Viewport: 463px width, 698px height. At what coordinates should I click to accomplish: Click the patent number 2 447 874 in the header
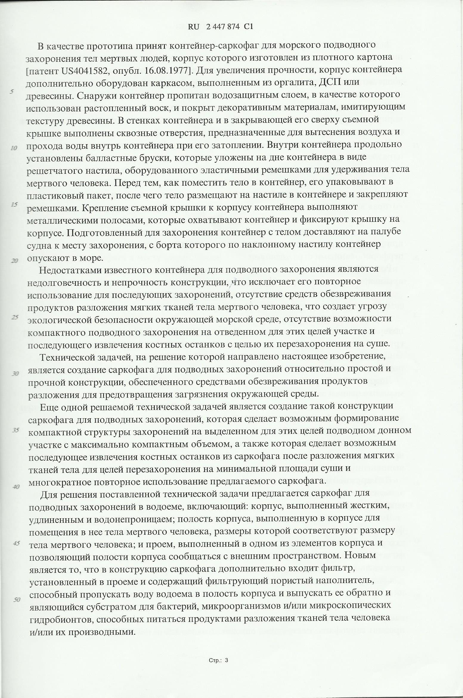click(222, 27)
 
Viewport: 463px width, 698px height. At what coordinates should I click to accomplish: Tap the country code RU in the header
click(193, 27)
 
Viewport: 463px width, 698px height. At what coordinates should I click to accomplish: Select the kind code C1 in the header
click(248, 27)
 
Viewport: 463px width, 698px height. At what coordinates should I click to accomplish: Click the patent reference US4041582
click(87, 70)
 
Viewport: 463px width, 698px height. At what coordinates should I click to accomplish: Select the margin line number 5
click(12, 92)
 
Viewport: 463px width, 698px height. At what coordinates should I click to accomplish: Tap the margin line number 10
click(13, 148)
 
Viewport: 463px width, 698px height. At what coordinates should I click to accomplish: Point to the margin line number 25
click(15, 317)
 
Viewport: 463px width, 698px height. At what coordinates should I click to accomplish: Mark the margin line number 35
click(15, 430)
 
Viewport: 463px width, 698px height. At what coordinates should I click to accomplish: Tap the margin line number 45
click(16, 543)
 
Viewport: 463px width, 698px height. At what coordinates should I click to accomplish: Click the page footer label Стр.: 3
click(218, 660)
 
